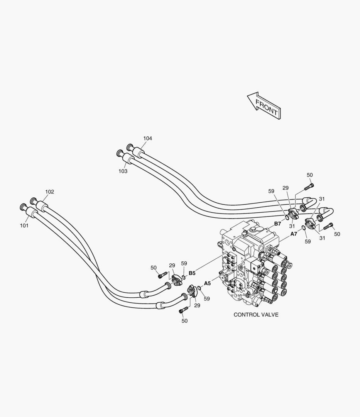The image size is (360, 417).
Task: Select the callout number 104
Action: click(147, 138)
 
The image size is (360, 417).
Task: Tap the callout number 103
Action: click(123, 171)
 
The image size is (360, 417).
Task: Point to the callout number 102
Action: click(49, 192)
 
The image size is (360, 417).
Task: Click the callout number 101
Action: click(24, 225)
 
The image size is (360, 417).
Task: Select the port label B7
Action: click(277, 224)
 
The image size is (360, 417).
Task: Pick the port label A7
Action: click(294, 234)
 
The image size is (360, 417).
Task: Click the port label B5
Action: click(192, 273)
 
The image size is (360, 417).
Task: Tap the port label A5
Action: click(207, 283)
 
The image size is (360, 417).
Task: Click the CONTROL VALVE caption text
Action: click(256, 315)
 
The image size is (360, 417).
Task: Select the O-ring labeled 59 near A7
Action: click(304, 229)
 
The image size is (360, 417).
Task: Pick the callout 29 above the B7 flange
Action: click(285, 188)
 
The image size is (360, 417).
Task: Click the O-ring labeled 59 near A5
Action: click(199, 288)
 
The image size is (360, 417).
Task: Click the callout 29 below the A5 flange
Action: click(197, 305)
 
